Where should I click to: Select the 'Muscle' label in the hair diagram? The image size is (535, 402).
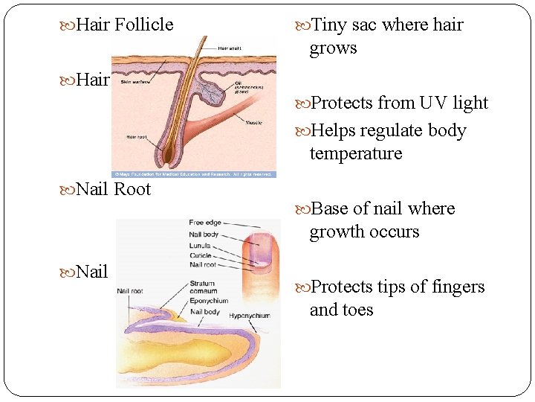pyautogui.click(x=253, y=122)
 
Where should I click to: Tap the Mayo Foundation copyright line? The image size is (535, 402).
pyautogui.click(x=193, y=174)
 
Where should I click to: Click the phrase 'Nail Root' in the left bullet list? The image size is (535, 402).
pyautogui.click(x=113, y=189)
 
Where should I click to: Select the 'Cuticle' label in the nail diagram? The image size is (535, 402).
pyautogui.click(x=201, y=255)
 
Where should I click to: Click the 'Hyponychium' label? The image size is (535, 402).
pyautogui.click(x=250, y=316)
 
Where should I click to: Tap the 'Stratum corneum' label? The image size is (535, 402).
pyautogui.click(x=202, y=288)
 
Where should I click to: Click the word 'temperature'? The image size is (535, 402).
pyautogui.click(x=355, y=154)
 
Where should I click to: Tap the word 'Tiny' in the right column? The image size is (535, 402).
pyautogui.click(x=329, y=25)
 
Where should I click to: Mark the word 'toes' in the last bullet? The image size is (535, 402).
pyautogui.click(x=357, y=310)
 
